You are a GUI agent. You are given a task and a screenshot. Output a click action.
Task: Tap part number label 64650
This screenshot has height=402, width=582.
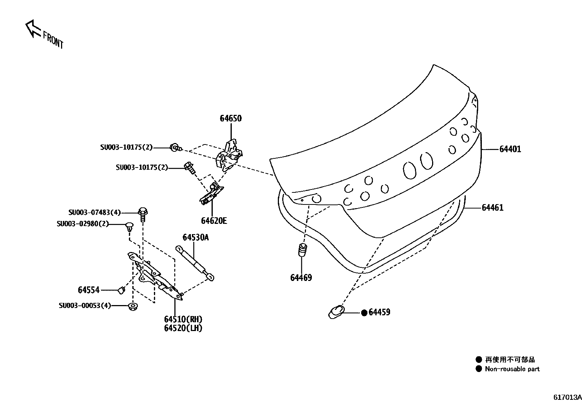pyautogui.click(x=231, y=119)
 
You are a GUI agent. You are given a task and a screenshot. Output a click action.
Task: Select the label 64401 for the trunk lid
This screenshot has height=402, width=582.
pyautogui.click(x=510, y=149)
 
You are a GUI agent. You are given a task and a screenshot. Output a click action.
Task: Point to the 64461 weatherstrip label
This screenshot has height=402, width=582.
pyautogui.click(x=492, y=208)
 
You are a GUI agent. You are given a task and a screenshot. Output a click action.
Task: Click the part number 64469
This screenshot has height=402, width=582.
pyautogui.click(x=301, y=278)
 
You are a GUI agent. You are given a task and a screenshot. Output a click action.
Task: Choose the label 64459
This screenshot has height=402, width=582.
pyautogui.click(x=379, y=312)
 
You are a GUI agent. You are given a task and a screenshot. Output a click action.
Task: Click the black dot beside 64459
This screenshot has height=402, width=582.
pyautogui.click(x=364, y=313)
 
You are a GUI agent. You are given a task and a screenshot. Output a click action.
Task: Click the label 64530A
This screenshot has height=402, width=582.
pyautogui.click(x=196, y=238)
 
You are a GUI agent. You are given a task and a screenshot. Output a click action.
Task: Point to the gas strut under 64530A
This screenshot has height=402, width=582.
pyautogui.click(x=195, y=263)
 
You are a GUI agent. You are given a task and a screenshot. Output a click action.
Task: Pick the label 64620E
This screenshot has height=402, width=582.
pyautogui.click(x=214, y=221)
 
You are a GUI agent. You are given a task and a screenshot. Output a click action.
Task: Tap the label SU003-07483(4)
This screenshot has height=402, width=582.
pyautogui.click(x=94, y=213)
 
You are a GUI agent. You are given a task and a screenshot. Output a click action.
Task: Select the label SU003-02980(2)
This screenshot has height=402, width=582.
pyautogui.click(x=83, y=224)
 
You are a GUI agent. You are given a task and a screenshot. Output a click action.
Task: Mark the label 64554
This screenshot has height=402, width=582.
pyautogui.click(x=88, y=290)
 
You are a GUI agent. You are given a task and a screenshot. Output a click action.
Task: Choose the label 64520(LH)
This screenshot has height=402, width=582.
pyautogui.click(x=183, y=328)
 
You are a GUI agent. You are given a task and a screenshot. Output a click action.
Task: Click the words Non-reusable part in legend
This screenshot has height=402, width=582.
pyautogui.click(x=512, y=369)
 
